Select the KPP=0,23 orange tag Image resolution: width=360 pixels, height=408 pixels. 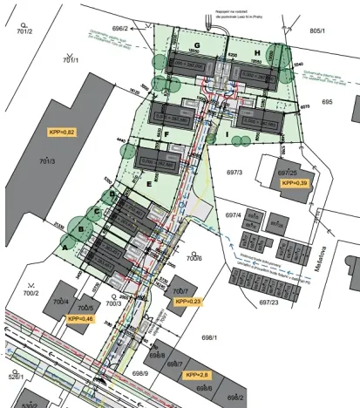point(187,302)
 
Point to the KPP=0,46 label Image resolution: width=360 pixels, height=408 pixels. point(80,319)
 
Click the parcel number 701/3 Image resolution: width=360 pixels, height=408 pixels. point(47,161)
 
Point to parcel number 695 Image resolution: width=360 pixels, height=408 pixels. point(327,102)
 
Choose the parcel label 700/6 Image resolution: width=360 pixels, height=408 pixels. point(194,258)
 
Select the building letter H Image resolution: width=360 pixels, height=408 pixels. point(257,52)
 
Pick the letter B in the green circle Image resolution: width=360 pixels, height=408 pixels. point(81,230)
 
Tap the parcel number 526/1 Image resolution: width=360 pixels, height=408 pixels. point(16,377)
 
